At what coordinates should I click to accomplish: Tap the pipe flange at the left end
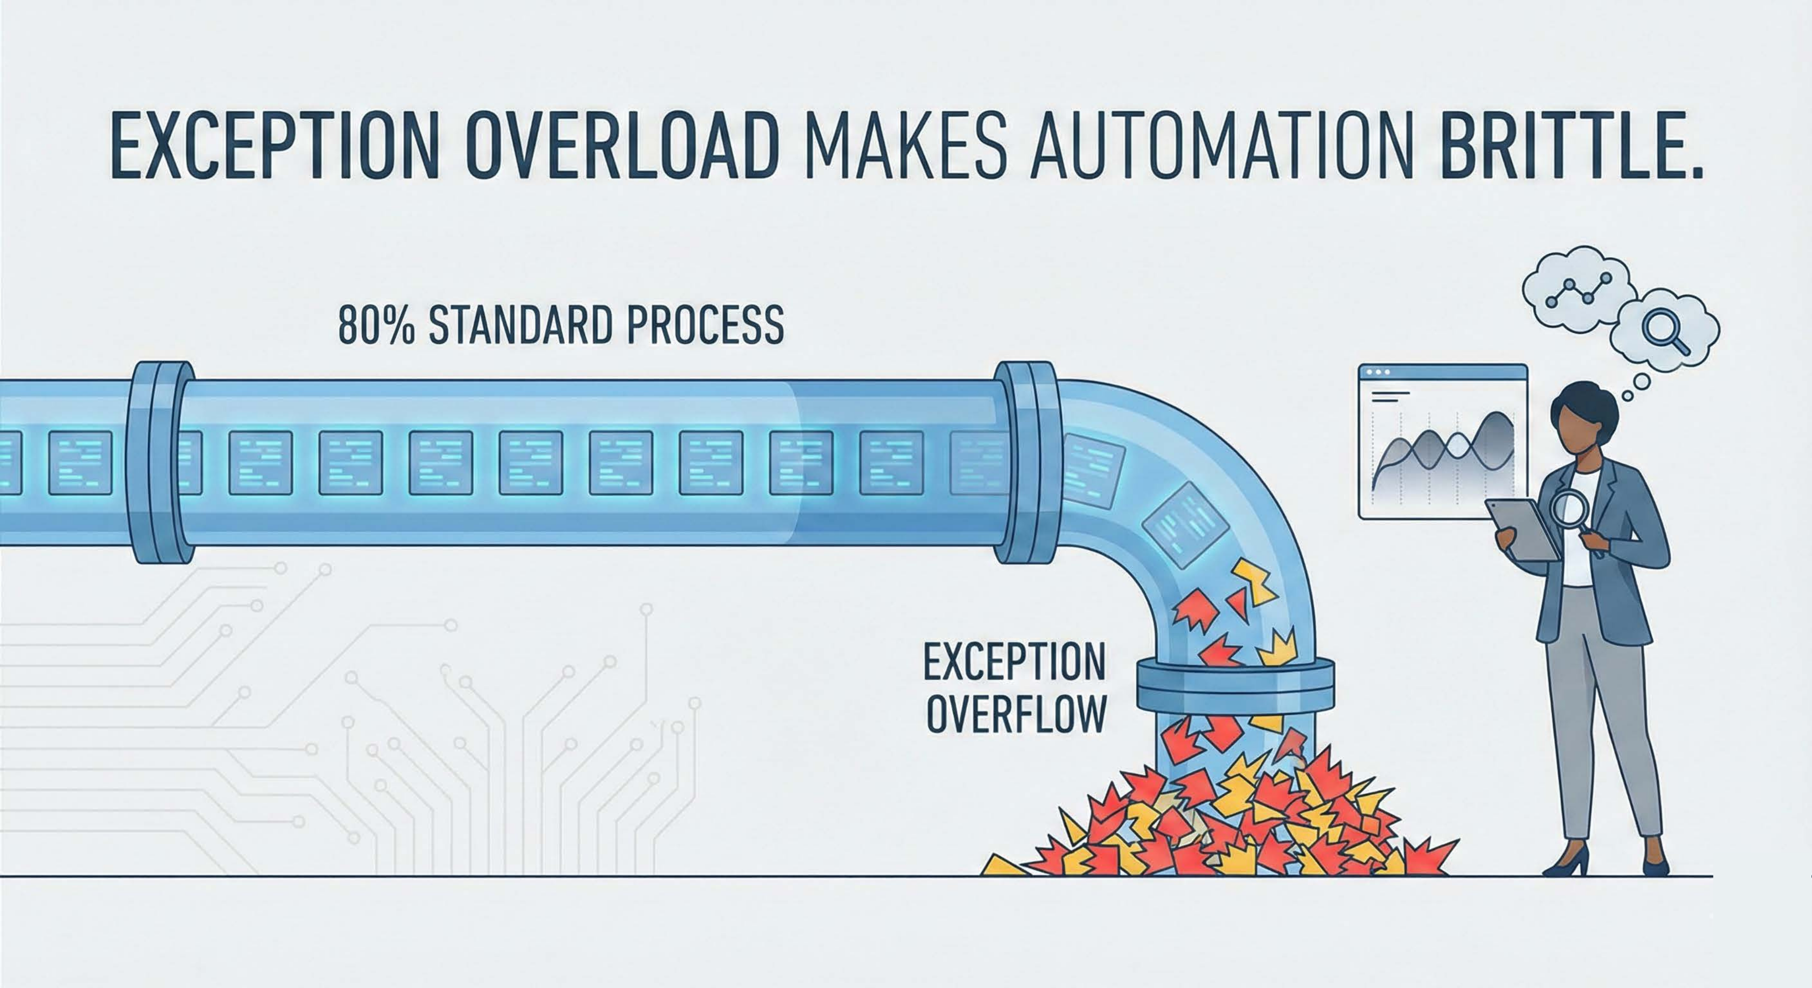click(x=161, y=462)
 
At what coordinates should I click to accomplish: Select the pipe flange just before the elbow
click(x=1028, y=462)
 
